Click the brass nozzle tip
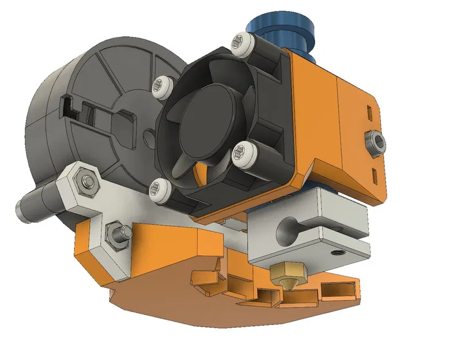click(286, 276)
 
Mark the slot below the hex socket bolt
click(375, 174)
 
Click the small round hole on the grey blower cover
click(149, 138)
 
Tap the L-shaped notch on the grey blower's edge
click(68, 104)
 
